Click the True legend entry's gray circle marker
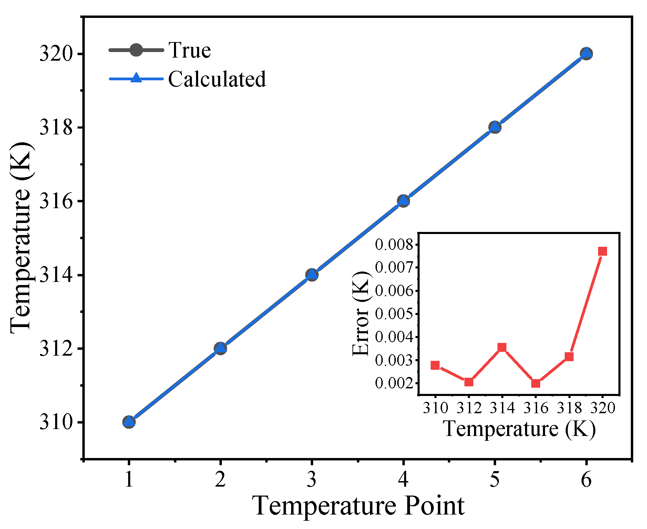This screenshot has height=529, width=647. point(136,50)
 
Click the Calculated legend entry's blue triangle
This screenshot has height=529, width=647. point(136,78)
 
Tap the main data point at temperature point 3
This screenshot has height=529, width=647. point(312,275)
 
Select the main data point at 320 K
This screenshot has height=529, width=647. point(586,53)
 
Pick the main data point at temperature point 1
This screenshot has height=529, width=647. point(129,421)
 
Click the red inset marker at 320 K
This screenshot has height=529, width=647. point(602,251)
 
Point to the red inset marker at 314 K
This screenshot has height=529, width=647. point(502,347)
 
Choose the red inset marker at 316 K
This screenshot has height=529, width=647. point(535,383)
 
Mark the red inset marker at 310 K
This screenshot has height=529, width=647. point(435,365)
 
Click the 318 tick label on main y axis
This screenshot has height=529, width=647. point(56,128)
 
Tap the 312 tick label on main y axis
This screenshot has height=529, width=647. point(56,349)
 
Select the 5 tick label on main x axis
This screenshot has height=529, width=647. point(495,479)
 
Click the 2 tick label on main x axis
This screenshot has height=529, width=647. point(220,479)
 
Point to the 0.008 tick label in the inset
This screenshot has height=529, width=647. point(394,245)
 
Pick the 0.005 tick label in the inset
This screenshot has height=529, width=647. point(394,314)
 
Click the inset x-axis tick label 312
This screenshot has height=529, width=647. point(469,408)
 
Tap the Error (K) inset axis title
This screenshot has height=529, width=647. point(361,314)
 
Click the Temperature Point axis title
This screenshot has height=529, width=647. point(358,506)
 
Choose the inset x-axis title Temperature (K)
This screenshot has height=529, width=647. point(519,429)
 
